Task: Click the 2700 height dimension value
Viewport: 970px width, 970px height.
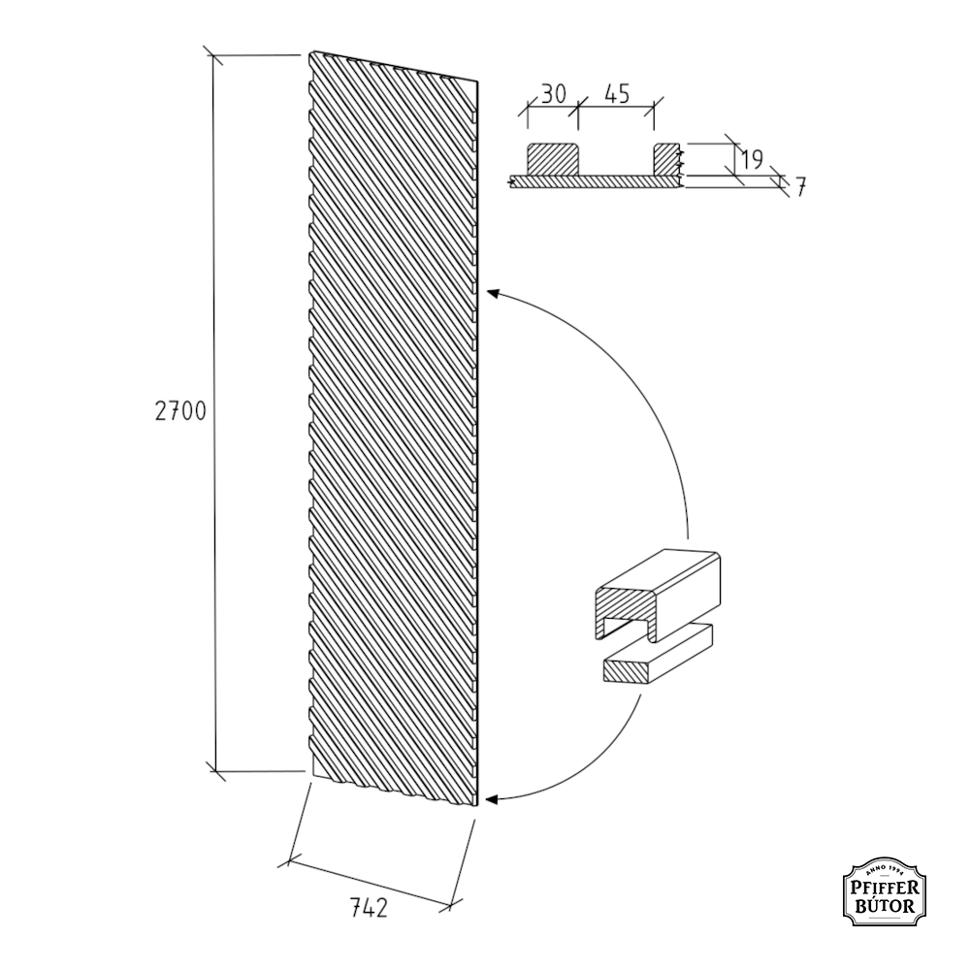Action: click(180, 411)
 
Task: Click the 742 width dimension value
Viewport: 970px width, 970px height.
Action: click(370, 908)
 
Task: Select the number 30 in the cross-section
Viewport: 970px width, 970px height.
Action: click(554, 94)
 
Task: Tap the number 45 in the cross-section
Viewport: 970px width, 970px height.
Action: click(617, 94)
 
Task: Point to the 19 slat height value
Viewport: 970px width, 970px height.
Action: click(752, 160)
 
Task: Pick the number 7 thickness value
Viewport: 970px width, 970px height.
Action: click(800, 187)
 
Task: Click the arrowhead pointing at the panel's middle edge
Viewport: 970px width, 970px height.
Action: click(493, 292)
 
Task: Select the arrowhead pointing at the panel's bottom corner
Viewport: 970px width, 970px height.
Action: click(492, 800)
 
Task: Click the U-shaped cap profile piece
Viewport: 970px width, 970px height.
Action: click(657, 594)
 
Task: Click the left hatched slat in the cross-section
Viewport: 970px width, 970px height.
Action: click(553, 158)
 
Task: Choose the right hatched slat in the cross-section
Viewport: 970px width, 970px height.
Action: click(667, 158)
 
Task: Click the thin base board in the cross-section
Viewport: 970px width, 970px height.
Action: click(596, 181)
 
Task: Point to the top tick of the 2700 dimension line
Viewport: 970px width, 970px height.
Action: click(214, 55)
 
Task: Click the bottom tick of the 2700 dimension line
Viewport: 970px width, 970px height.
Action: click(215, 771)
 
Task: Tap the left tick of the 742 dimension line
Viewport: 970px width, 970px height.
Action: click(289, 860)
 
